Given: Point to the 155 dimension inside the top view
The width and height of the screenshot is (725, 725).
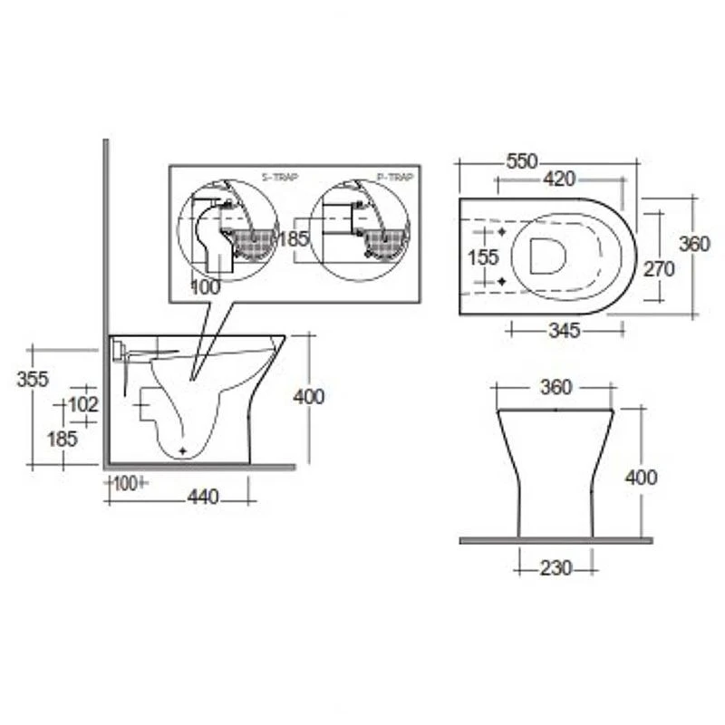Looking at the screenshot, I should pos(483,257).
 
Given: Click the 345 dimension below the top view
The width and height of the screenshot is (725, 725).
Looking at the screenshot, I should pos(564,331).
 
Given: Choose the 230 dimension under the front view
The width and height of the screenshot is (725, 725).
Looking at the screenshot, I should pos(556,568).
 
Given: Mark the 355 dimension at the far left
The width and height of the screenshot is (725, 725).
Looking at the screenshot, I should pos(33,380).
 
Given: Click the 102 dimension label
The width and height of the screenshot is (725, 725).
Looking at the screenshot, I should pos(83,404).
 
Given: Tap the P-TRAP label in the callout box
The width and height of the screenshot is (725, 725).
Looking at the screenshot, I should pos(395,178).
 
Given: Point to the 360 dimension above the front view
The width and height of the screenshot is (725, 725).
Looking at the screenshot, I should pos(556,388).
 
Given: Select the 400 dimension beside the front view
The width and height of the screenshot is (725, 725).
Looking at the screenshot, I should pos(642,477).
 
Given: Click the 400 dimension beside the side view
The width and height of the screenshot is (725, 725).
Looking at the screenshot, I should pos(308,396).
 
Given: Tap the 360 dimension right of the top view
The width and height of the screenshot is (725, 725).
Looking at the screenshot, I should pos(694,245).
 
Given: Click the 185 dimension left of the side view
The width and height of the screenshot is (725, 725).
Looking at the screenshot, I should pos(63,439).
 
